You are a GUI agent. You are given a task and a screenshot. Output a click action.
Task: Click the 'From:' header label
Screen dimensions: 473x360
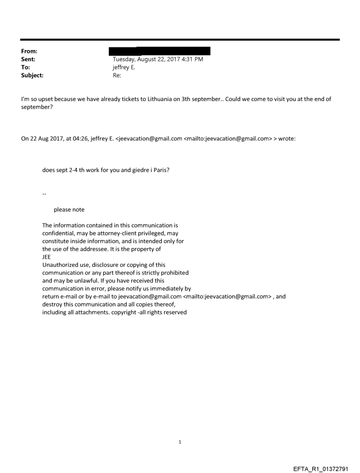29,52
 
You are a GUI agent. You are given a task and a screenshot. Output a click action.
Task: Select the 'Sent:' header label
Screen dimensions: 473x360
28,60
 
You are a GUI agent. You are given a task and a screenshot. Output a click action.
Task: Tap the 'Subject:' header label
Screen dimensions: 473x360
32,75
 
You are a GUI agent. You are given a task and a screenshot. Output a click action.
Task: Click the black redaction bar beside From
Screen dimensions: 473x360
159,51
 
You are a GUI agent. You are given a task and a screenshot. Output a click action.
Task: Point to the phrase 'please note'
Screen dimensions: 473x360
69,209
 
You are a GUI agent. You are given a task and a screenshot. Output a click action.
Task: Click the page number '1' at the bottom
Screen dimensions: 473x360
180,442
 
